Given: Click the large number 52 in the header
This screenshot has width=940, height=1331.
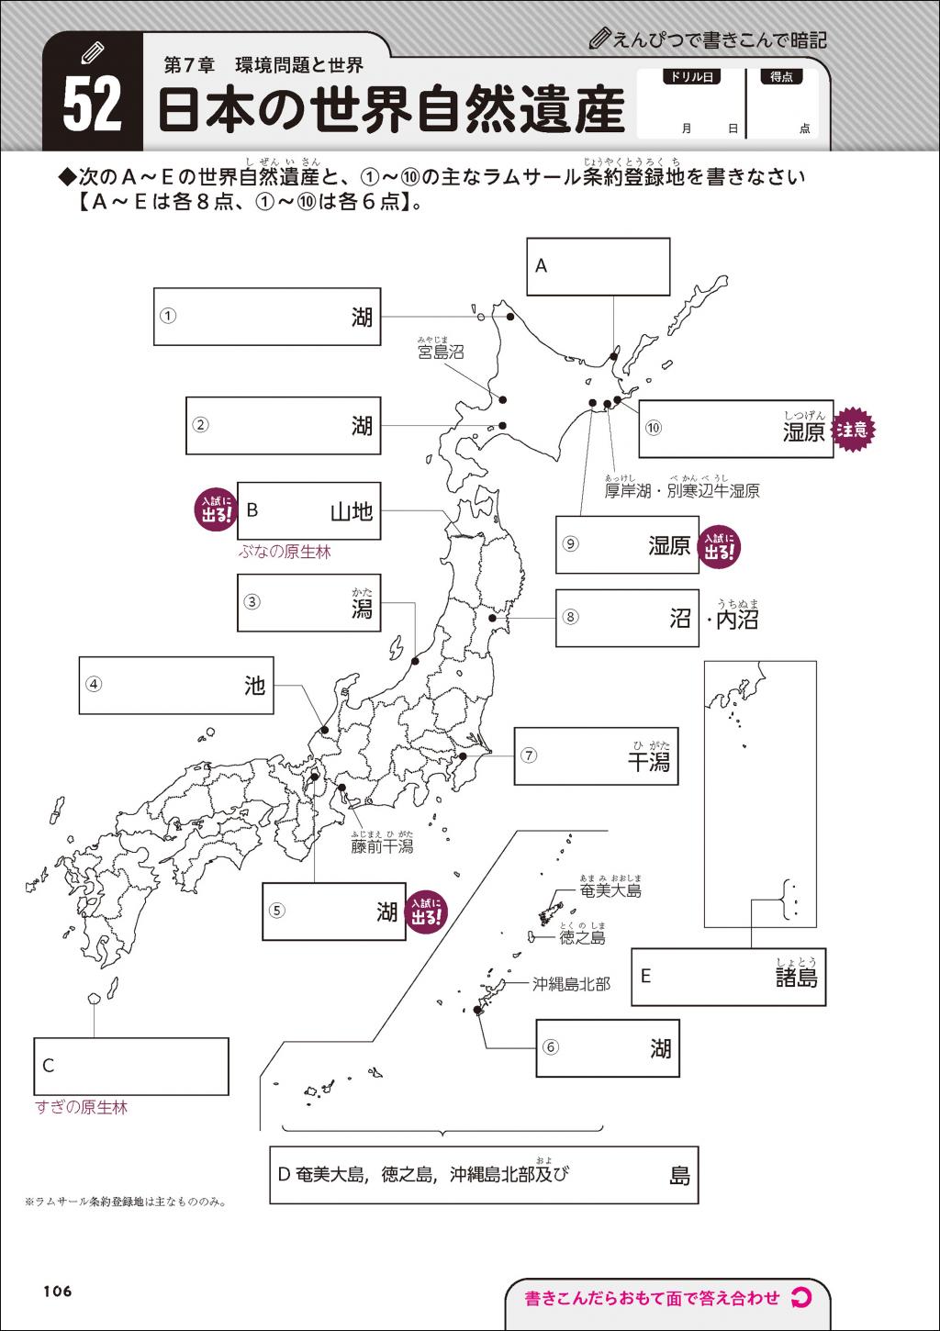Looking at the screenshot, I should pyautogui.click(x=92, y=104).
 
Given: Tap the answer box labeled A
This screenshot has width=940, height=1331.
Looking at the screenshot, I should pyautogui.click(x=598, y=266).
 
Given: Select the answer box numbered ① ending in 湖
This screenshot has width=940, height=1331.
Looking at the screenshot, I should pyautogui.click(x=266, y=317).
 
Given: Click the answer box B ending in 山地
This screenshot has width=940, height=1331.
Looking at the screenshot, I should pyautogui.click(x=308, y=510).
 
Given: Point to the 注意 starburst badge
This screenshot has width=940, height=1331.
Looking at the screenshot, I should pyautogui.click(x=854, y=430).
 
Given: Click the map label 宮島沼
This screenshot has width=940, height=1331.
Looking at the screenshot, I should pyautogui.click(x=441, y=352).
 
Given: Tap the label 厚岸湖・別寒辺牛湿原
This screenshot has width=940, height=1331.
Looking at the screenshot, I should pyautogui.click(x=682, y=491).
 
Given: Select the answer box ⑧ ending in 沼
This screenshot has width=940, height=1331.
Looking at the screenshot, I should pyautogui.click(x=626, y=618).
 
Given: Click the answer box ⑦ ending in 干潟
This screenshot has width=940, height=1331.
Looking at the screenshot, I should pyautogui.click(x=595, y=756).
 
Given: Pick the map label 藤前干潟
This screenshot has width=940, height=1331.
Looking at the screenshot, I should pyautogui.click(x=382, y=845).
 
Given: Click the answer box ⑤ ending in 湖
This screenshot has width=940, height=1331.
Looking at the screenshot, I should pyautogui.click(x=333, y=911).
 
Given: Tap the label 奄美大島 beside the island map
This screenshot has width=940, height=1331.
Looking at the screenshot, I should pyautogui.click(x=610, y=890).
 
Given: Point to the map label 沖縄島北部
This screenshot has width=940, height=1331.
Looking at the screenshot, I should pyautogui.click(x=571, y=984).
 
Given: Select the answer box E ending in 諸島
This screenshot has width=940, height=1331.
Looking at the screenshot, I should pyautogui.click(x=728, y=977).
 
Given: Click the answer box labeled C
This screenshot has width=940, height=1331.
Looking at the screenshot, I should pyautogui.click(x=130, y=1066).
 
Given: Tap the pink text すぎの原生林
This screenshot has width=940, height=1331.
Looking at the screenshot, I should pyautogui.click(x=81, y=1108).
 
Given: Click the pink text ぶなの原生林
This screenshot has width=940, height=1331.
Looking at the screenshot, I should pyautogui.click(x=285, y=552).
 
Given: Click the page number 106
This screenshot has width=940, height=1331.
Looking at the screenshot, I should pyautogui.click(x=57, y=1292).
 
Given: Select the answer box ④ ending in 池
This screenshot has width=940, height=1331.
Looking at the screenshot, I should pyautogui.click(x=176, y=685).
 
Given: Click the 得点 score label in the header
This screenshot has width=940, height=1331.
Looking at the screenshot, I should pyautogui.click(x=781, y=78).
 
